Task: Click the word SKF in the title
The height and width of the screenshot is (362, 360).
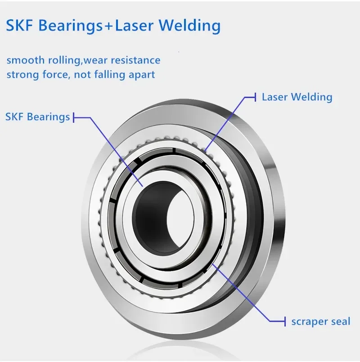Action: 19,25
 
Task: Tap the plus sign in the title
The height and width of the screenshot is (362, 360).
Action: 108,26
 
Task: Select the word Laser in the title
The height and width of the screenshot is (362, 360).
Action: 134,25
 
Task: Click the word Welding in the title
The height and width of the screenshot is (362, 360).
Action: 189,26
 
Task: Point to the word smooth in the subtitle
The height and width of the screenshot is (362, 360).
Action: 25,60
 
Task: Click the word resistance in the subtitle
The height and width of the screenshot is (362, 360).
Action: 135,60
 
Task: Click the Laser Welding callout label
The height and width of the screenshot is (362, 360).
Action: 297,97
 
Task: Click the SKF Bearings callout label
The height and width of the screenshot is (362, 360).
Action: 37,117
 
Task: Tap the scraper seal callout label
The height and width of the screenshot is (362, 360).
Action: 321,322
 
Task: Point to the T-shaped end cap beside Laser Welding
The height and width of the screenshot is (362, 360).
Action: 255,97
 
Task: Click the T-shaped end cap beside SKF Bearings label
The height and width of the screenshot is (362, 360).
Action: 74,117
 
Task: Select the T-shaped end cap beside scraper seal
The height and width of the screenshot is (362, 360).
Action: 285,321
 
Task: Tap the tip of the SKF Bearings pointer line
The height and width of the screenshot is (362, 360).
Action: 143,186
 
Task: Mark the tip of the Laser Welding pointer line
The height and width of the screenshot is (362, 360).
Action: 204,151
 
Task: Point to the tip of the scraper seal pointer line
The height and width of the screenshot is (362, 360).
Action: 212,264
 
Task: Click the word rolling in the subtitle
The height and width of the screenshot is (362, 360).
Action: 65,61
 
